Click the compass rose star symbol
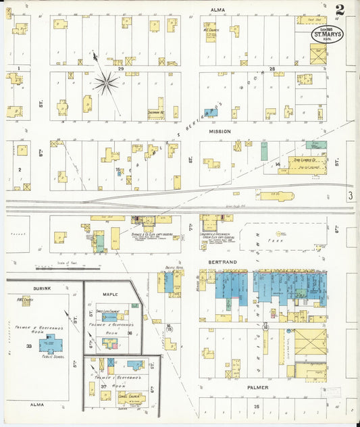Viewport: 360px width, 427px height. point(105,83)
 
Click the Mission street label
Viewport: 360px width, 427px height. point(220,131)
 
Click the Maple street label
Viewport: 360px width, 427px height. point(110,295)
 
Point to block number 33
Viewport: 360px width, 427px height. point(29,346)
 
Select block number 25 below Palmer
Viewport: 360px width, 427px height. point(257,406)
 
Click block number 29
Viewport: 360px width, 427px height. point(121,69)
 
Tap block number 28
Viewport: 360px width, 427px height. point(272,69)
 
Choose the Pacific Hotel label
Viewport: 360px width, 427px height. point(174,268)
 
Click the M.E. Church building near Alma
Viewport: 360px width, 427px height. point(211,31)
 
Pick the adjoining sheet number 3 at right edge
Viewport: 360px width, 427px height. point(351,196)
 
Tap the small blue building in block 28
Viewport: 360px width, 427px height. point(209,112)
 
